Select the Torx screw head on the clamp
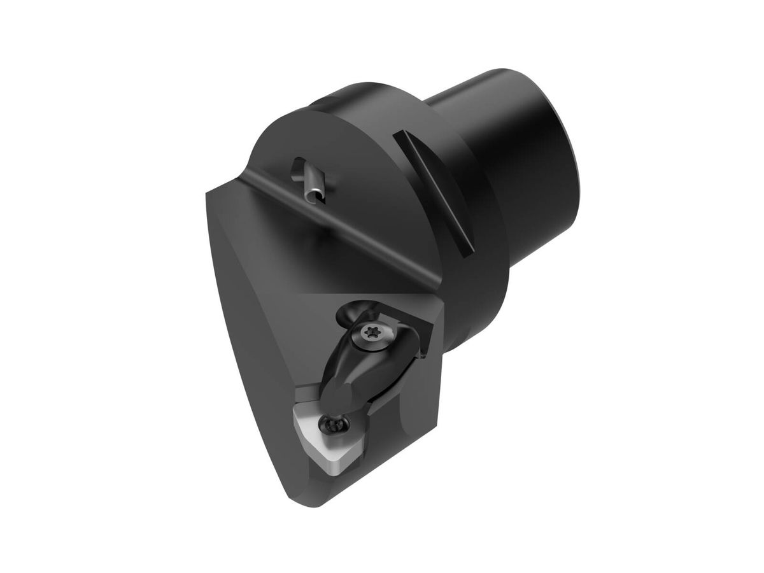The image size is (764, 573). [371, 332]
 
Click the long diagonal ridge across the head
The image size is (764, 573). [331, 223]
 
